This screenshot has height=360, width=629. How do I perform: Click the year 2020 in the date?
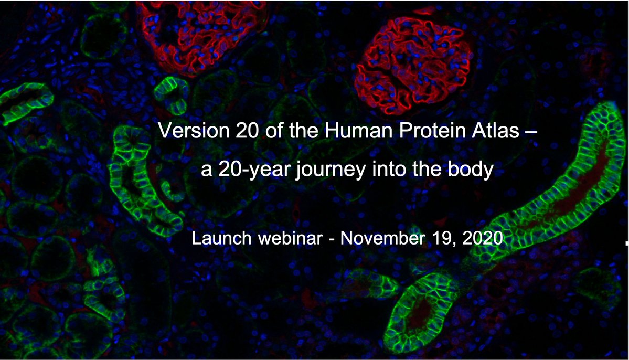(x=484, y=239)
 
